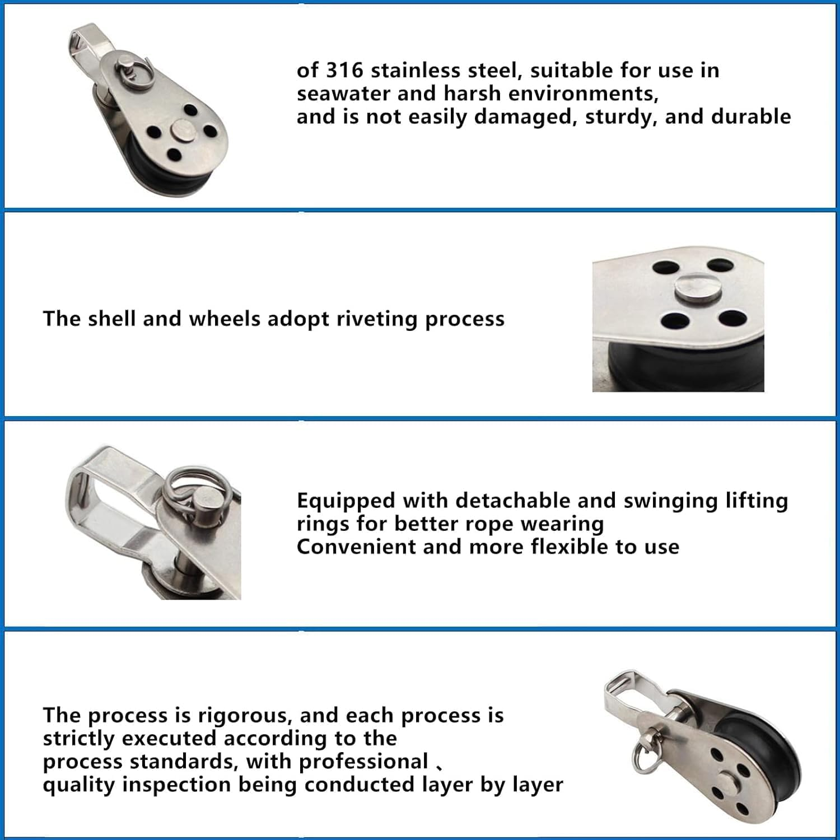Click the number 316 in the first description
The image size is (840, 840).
pos(344,71)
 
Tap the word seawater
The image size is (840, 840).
pos(343,94)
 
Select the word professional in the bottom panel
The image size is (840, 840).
pos(363,762)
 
